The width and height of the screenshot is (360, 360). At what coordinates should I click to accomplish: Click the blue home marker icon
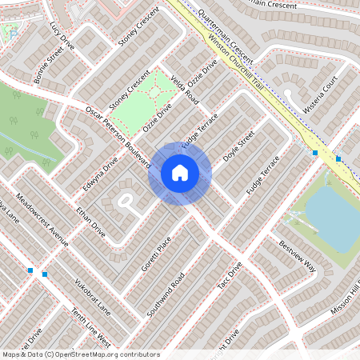click(x=180, y=172)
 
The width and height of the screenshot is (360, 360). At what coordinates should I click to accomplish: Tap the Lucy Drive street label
click(x=62, y=36)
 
